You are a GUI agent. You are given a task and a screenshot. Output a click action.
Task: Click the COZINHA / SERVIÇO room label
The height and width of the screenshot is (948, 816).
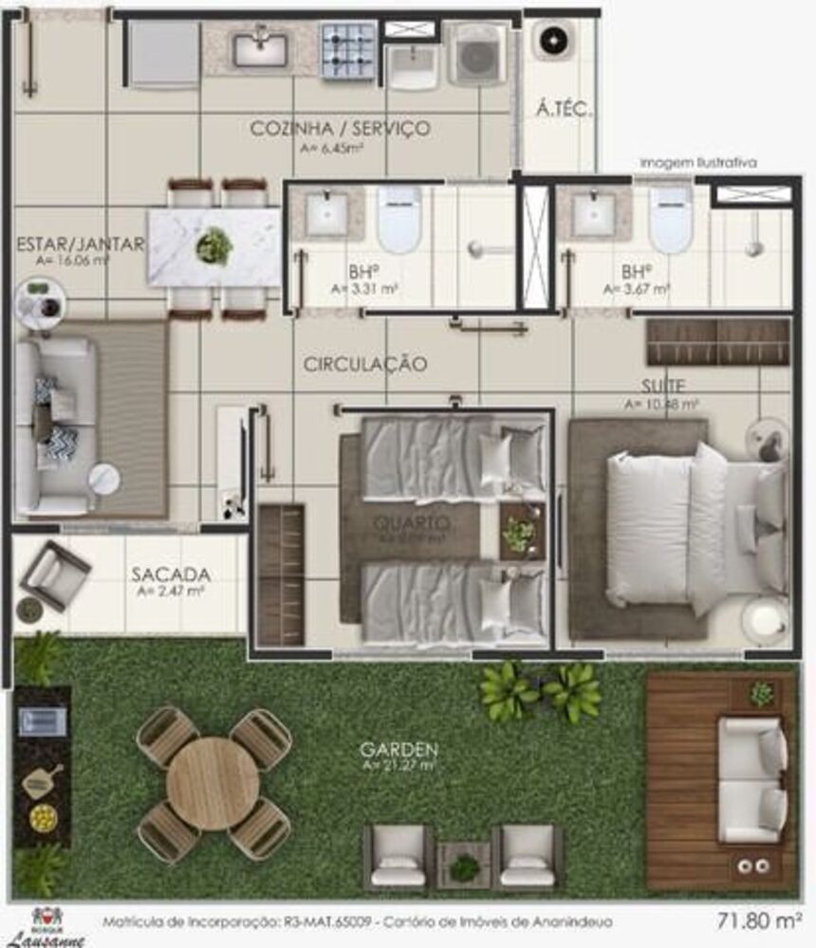[340, 129]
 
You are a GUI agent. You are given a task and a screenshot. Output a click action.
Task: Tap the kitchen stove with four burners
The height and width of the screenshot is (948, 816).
[348, 49]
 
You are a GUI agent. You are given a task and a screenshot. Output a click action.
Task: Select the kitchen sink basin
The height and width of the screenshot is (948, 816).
[260, 48]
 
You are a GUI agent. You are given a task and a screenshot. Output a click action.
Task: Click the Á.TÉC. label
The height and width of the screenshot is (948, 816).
[564, 110]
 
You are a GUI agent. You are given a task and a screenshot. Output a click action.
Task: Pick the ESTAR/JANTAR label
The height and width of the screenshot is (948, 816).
[81, 245]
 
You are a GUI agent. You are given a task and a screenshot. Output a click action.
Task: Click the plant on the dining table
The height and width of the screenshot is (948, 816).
[214, 246]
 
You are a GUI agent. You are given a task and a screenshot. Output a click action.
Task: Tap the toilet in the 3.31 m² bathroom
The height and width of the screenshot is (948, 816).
[399, 220]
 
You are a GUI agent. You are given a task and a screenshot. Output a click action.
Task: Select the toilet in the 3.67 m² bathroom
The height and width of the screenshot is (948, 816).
[671, 220]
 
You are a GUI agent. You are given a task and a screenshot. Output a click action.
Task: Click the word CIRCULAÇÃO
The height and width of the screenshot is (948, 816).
[365, 364]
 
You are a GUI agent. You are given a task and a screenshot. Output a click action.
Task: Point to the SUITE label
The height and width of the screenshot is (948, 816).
[661, 387]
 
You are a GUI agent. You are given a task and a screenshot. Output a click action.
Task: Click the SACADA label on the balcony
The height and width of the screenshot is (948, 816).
[171, 574]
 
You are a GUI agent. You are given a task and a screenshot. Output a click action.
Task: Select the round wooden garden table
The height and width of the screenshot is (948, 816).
[213, 783]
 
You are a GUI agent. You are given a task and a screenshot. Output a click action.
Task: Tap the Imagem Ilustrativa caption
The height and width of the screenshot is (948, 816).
[698, 163]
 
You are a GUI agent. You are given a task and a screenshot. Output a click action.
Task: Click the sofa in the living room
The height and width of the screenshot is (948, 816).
[58, 426]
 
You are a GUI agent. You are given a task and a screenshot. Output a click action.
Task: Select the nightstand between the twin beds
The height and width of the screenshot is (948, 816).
[520, 534]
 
